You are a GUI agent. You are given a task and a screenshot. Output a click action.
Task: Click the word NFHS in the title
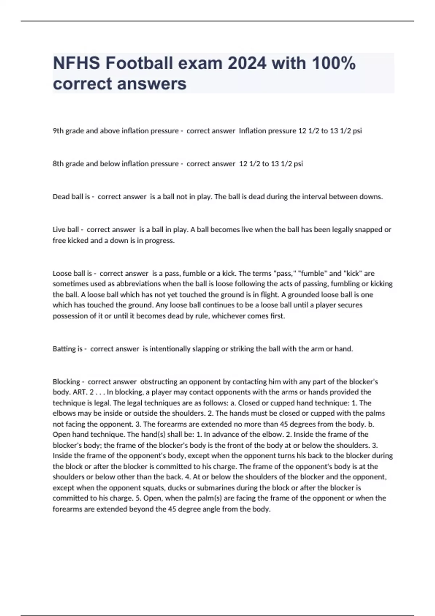click(76, 63)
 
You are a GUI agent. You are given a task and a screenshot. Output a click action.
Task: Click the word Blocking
click(66, 382)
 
